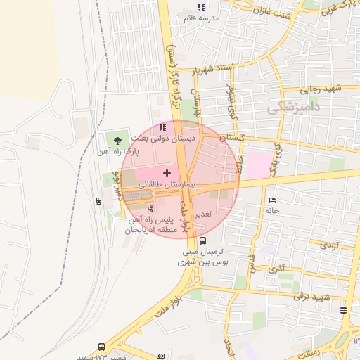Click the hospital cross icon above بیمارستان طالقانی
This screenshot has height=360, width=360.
click(x=167, y=172)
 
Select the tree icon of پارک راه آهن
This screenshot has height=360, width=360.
click(x=117, y=141)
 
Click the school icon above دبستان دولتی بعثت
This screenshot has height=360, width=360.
click(x=163, y=128)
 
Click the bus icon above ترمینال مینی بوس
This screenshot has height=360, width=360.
click(x=203, y=240)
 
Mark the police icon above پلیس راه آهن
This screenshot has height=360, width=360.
click(x=153, y=209)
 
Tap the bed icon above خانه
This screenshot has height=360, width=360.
click(x=272, y=200)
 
